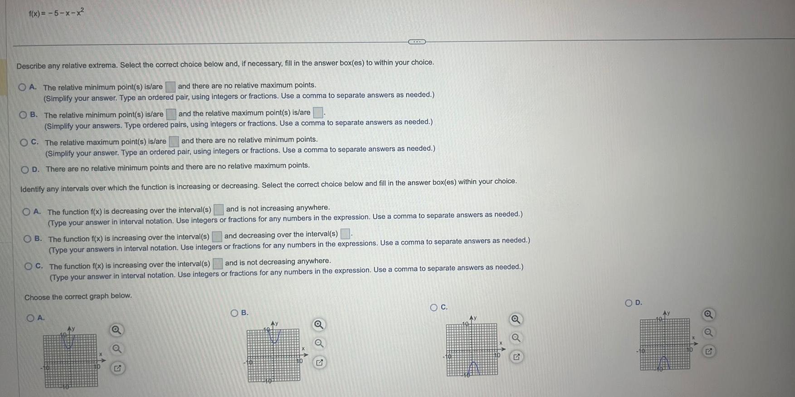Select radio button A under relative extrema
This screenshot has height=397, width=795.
tap(22, 87)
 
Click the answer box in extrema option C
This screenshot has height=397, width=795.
tap(174, 142)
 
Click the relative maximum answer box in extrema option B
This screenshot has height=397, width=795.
tap(318, 113)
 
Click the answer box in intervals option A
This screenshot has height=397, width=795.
tap(219, 209)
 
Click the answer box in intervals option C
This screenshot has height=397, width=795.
tap(218, 263)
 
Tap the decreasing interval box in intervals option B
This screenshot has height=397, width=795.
tap(345, 234)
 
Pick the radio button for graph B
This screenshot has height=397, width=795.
tap(234, 313)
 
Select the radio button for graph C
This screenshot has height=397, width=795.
tap(434, 307)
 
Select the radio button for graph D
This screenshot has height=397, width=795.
tap(629, 303)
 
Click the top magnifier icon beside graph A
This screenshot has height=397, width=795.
tap(116, 330)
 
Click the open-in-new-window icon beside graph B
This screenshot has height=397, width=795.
tap(319, 363)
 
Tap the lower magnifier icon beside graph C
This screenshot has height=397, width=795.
tap(515, 338)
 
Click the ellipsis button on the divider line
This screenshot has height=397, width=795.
tap(417, 42)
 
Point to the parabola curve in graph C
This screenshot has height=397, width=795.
tap(473, 368)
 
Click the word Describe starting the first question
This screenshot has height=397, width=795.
tap(31, 66)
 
